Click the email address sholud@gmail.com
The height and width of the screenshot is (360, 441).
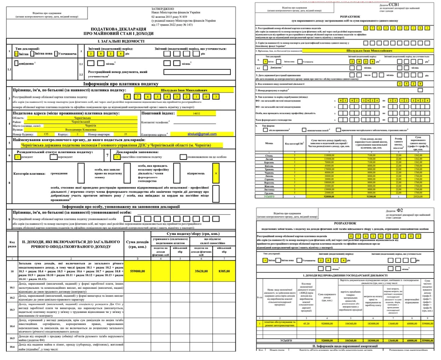pos(202,134)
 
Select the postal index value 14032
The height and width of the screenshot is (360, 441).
pos(196,114)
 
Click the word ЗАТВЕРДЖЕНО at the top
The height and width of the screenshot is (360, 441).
pos(162,8)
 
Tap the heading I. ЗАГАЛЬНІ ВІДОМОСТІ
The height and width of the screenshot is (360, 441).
pos(121,41)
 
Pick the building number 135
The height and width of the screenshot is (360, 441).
pos(46,134)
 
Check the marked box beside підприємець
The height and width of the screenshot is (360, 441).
pos(216,173)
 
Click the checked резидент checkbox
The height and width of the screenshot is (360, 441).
pos(17,157)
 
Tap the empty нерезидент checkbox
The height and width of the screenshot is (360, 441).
pos(53,157)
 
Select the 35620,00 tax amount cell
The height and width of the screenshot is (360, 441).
pos(201,271)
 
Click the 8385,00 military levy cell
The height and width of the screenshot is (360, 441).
pos(224,271)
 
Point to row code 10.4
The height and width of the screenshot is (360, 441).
pos(12,326)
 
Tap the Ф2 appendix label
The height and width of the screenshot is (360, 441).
pos(400,210)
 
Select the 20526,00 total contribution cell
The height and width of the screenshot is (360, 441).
pos(418,196)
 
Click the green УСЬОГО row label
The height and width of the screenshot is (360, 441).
pos(269,196)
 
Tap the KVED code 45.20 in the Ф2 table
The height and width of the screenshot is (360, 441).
pos(306,324)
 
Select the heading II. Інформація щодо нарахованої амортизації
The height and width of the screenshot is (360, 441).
pos(345,346)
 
